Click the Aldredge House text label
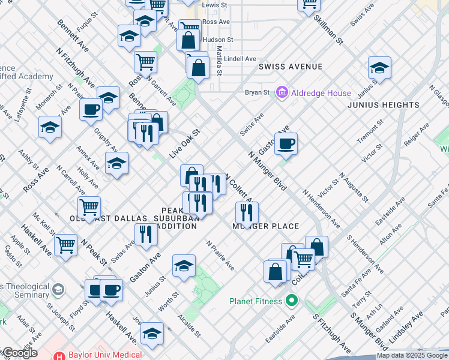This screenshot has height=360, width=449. (321, 93)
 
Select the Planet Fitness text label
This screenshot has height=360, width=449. (256, 300)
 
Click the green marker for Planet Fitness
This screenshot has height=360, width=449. (292, 300)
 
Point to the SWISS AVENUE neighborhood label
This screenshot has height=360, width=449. (291, 67)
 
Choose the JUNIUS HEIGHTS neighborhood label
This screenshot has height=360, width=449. (384, 105)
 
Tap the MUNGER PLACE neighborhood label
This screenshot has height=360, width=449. (266, 226)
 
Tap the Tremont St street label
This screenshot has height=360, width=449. (370, 130)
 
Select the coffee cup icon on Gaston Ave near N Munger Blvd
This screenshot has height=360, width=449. (286, 143)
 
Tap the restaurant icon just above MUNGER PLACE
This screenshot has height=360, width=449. (247, 212)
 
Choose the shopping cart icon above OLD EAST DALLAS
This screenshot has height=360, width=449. (89, 207)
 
